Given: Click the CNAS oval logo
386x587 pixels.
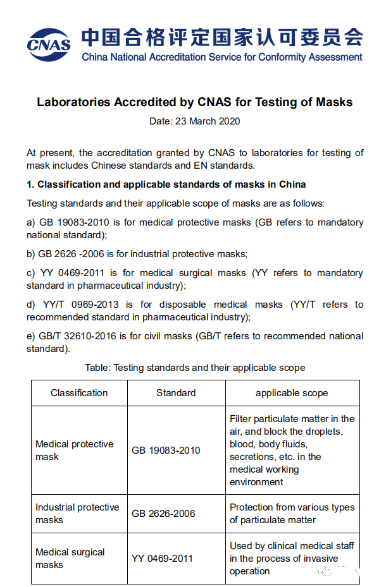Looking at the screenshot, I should (48, 42).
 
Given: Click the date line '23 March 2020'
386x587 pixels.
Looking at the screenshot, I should (194, 121).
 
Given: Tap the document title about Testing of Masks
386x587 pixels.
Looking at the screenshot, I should (194, 102).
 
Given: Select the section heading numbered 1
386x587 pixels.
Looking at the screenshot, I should (166, 185).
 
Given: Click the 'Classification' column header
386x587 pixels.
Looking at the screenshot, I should (79, 393).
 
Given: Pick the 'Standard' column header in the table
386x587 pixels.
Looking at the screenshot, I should (176, 393).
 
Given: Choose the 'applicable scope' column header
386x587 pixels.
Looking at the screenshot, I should (292, 393).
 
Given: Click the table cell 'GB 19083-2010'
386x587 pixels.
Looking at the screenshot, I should (166, 451).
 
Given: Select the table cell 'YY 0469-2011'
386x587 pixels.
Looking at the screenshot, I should (163, 559).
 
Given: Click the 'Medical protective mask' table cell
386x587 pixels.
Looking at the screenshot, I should (75, 451).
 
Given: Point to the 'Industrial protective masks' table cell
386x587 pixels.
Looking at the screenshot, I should (77, 514).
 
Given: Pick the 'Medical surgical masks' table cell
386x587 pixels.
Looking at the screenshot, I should (70, 559).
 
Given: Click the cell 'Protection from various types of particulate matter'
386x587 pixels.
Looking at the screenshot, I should (292, 514).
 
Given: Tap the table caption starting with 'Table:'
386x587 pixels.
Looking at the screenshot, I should (195, 367).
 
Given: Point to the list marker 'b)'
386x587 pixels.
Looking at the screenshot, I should (31, 254).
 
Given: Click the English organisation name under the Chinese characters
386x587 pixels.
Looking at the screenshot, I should (222, 57).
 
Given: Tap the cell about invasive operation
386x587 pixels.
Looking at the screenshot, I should (292, 559).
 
